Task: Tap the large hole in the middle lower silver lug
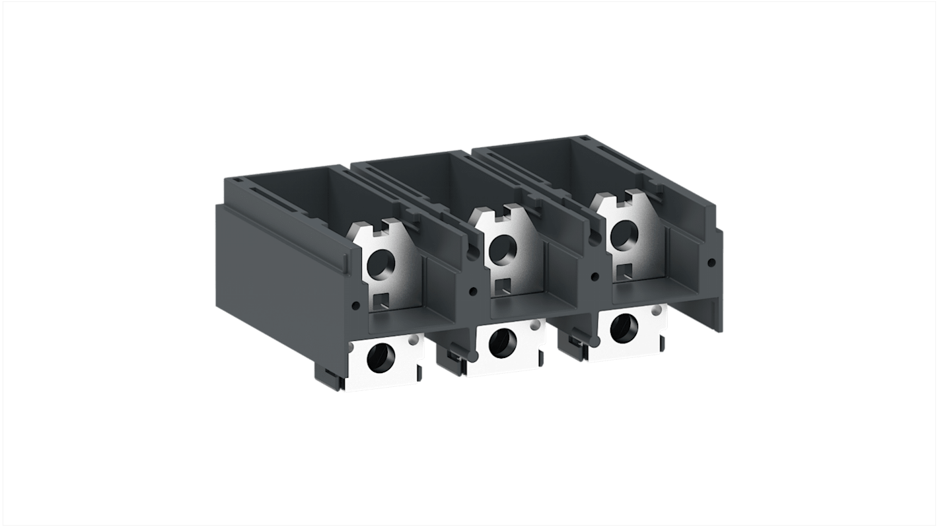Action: tap(503, 341)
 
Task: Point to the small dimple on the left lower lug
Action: tap(414, 341)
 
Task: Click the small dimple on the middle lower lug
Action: tap(533, 326)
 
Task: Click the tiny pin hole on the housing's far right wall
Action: tap(711, 262)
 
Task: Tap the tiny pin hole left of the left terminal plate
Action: tap(357, 305)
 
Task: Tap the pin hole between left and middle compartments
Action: tap(473, 291)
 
